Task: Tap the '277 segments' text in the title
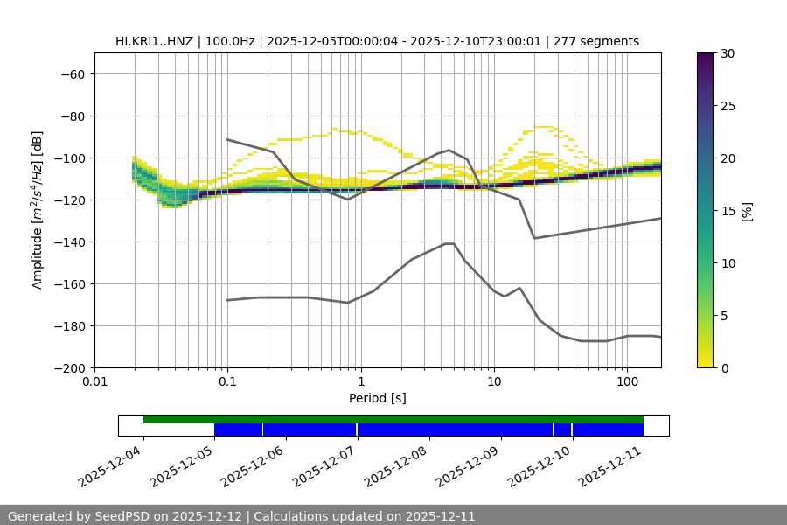point(596,41)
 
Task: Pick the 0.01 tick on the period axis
point(94,382)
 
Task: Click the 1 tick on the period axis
point(361,382)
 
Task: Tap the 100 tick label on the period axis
point(627,382)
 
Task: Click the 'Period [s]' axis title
point(377,398)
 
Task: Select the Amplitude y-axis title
point(38,210)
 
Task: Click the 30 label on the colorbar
point(727,53)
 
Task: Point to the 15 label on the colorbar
point(727,211)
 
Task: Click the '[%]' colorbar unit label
point(747,211)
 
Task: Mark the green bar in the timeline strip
point(393,419)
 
